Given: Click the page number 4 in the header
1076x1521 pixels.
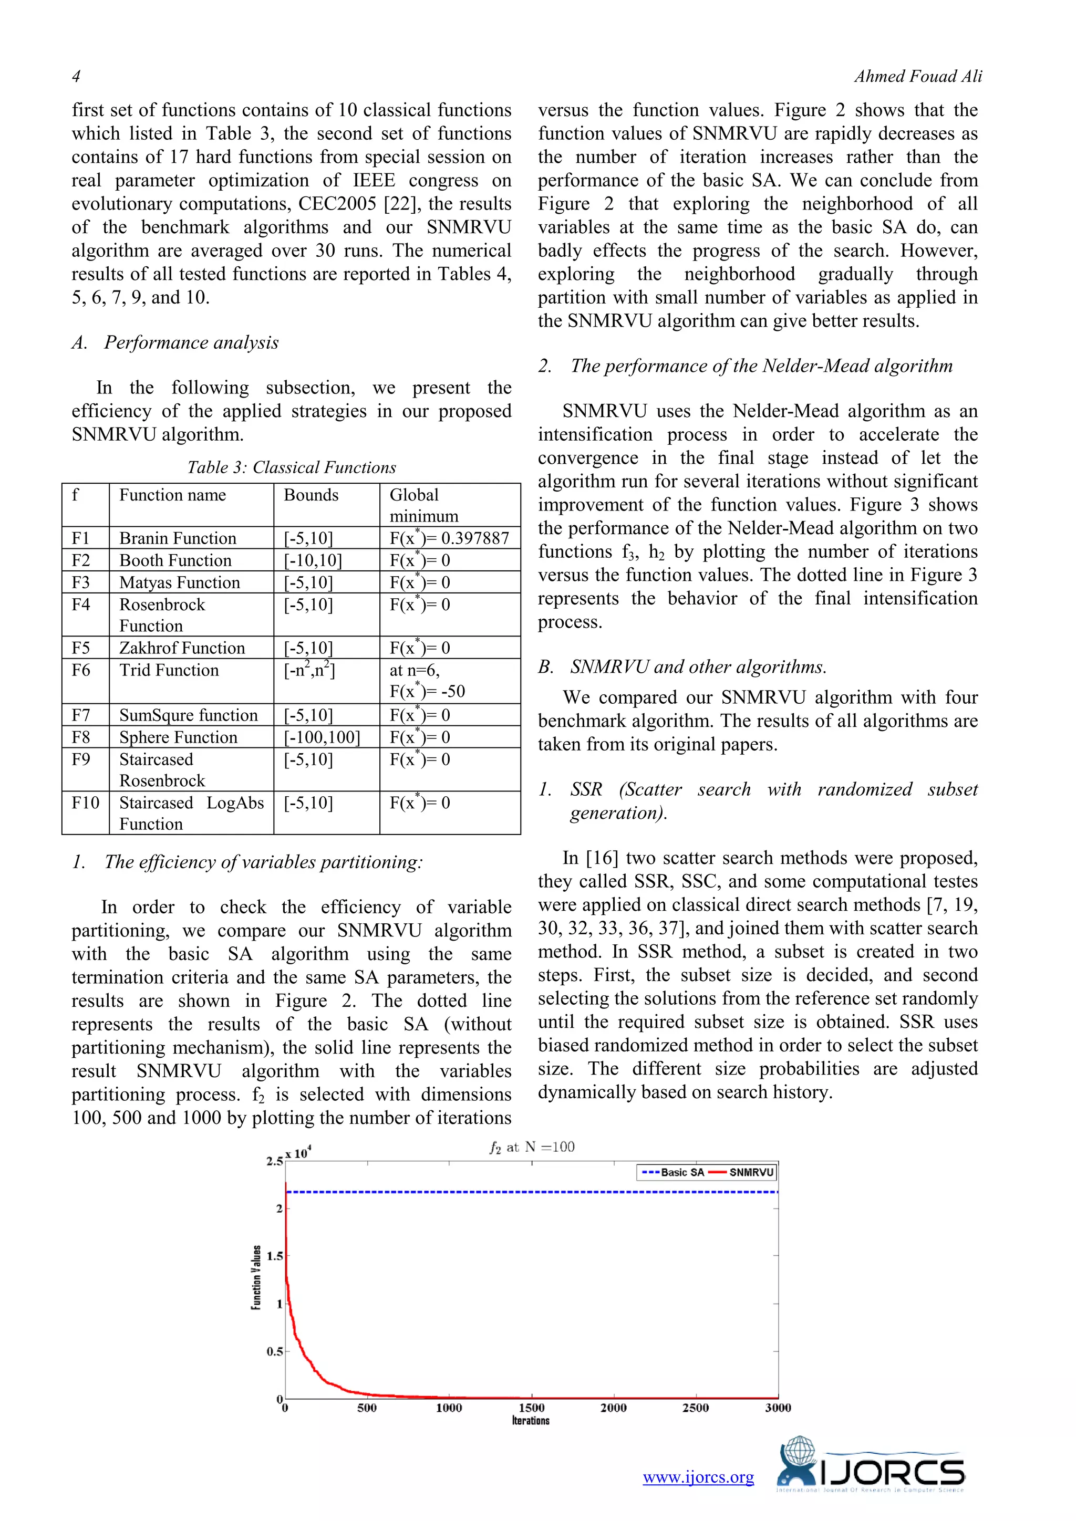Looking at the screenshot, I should click(x=76, y=77).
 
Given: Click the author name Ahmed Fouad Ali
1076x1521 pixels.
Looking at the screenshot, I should click(x=918, y=77).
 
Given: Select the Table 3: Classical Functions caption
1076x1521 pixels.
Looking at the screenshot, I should click(x=292, y=467).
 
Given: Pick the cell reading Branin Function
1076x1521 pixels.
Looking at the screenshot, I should click(x=178, y=538).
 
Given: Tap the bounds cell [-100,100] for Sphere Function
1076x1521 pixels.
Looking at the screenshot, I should click(x=322, y=737).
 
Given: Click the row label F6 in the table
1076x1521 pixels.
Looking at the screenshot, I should click(x=81, y=670).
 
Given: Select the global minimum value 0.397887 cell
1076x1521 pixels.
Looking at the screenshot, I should click(x=449, y=538).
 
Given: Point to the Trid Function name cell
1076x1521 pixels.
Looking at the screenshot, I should click(x=169, y=670).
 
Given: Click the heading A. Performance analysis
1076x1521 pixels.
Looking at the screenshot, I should click(x=175, y=342).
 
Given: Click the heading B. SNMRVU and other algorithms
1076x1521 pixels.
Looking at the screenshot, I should click(x=682, y=667).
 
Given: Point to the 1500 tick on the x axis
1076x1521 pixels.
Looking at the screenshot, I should click(x=531, y=1408).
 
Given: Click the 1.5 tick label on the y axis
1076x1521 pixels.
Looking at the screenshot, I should click(x=274, y=1256).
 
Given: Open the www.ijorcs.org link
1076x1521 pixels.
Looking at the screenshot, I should click(x=698, y=1477).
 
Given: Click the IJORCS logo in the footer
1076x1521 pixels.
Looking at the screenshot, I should click(x=871, y=1466).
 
